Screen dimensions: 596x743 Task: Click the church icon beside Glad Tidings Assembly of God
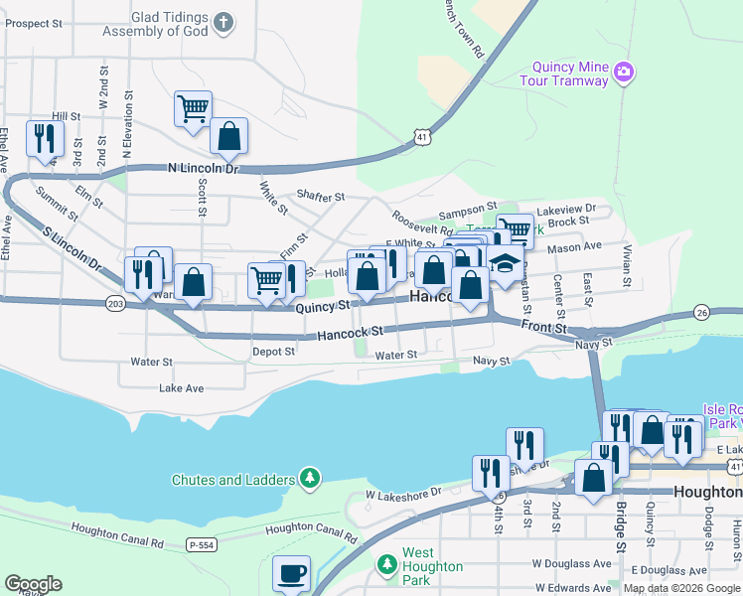pyautogui.click(x=223, y=20)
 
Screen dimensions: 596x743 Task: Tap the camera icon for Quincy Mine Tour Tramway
pyautogui.click(x=624, y=72)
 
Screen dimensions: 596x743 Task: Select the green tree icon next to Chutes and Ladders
pyautogui.click(x=311, y=480)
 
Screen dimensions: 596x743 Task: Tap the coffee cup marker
pyautogui.click(x=292, y=574)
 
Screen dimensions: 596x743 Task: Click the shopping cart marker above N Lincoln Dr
pyautogui.click(x=193, y=108)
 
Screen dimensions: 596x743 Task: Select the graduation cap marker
pyautogui.click(x=506, y=265)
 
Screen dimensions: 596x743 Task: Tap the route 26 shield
pyautogui.click(x=701, y=313)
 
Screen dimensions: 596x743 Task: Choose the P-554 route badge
pyautogui.click(x=201, y=544)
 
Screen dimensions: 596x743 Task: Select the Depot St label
pyautogui.click(x=273, y=352)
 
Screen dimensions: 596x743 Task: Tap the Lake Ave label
pyautogui.click(x=181, y=388)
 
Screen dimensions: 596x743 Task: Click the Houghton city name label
pyautogui.click(x=706, y=493)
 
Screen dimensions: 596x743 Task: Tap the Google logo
pyautogui.click(x=33, y=584)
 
